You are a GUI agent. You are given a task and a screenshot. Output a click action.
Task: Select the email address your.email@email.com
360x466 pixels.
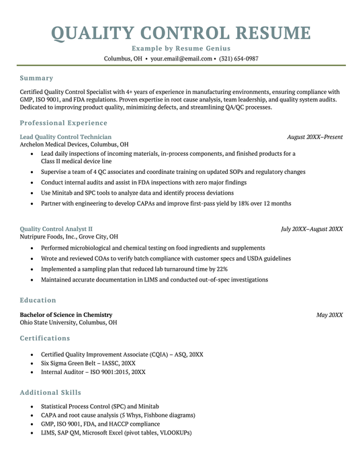point(181,58)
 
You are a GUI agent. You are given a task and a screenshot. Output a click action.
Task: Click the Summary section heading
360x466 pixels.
point(36,78)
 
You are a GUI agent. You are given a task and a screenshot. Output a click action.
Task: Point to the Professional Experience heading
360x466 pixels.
point(63,123)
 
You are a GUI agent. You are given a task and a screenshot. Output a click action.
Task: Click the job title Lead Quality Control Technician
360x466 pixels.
point(66,137)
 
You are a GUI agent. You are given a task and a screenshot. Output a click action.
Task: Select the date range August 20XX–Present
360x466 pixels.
point(314,137)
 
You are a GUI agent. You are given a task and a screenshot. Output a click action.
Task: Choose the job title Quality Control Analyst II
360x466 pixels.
point(56,229)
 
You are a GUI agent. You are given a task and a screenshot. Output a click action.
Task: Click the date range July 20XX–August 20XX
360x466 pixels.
point(312,229)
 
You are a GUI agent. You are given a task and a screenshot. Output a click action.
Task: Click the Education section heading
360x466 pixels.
point(38,300)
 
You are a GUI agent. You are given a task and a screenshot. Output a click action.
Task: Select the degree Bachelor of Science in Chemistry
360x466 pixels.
point(66,315)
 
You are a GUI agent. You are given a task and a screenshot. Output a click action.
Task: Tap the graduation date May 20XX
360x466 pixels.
point(329,315)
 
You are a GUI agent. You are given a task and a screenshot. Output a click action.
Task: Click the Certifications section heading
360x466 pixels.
point(44,338)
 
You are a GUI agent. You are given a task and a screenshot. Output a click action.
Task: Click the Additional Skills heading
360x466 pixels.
point(50,392)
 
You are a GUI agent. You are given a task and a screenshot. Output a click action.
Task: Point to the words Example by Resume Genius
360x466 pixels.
point(181,48)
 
